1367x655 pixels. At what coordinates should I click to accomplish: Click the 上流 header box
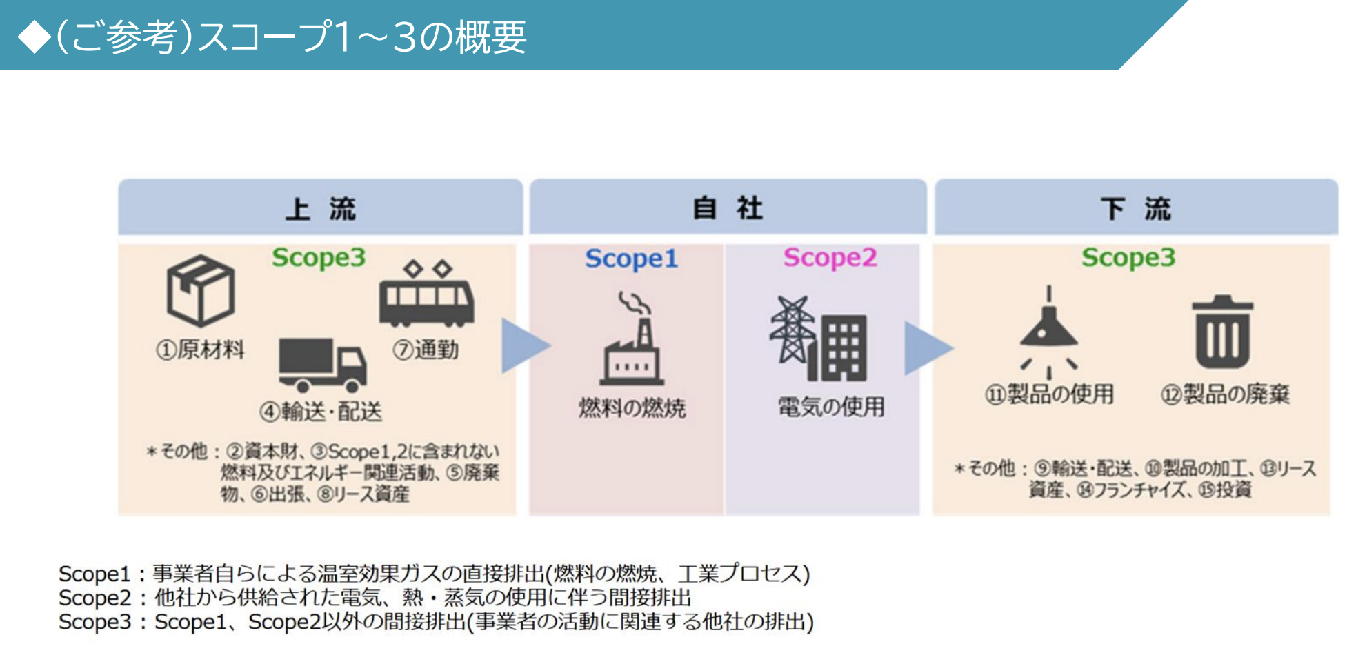coord(320,208)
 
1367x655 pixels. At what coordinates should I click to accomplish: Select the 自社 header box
coord(728,208)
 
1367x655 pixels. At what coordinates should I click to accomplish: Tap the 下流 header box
coord(1135,208)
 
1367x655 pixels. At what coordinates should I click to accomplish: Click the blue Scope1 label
coord(631,259)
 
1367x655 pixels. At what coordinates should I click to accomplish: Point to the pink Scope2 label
coord(830,258)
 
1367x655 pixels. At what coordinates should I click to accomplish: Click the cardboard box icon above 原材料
coord(201,290)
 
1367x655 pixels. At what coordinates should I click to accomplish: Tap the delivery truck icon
coord(322,364)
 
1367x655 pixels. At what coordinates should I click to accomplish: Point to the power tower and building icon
coord(819,339)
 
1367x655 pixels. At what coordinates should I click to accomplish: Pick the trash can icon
coord(1222,332)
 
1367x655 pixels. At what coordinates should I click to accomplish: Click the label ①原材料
coord(200,350)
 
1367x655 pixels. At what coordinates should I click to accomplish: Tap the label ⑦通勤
coord(426,350)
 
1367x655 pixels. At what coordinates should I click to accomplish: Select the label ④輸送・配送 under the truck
coord(321,412)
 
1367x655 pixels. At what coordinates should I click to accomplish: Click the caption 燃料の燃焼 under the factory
coord(632,408)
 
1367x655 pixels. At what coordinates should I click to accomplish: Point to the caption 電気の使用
coord(831,407)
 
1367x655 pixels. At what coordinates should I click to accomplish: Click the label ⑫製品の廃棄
coord(1225,394)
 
